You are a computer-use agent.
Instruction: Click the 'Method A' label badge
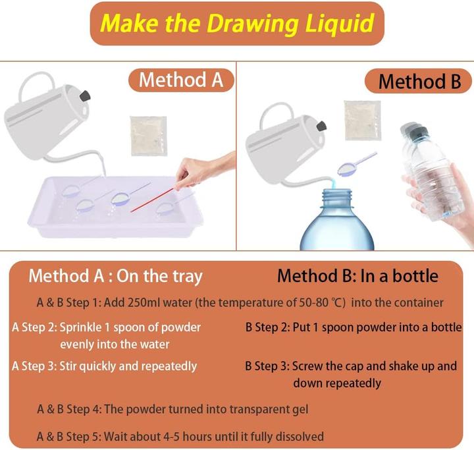pyautogui.click(x=181, y=80)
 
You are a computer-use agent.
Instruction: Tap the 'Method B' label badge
pyautogui.click(x=419, y=82)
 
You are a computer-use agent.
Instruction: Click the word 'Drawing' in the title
pyautogui.click(x=253, y=24)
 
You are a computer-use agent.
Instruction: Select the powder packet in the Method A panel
pyautogui.click(x=148, y=136)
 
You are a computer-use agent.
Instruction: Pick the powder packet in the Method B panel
pyautogui.click(x=363, y=121)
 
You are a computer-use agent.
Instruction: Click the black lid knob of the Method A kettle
pyautogui.click(x=85, y=96)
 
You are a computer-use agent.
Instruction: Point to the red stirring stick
pyautogui.click(x=152, y=200)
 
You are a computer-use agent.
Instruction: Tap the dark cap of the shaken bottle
pyautogui.click(x=415, y=130)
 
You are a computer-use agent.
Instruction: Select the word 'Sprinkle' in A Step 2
pyautogui.click(x=81, y=327)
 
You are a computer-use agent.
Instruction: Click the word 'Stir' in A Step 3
pyautogui.click(x=68, y=366)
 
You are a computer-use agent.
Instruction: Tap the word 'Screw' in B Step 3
pyautogui.click(x=307, y=366)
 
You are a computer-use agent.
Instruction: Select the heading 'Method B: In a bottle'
pyautogui.click(x=357, y=276)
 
